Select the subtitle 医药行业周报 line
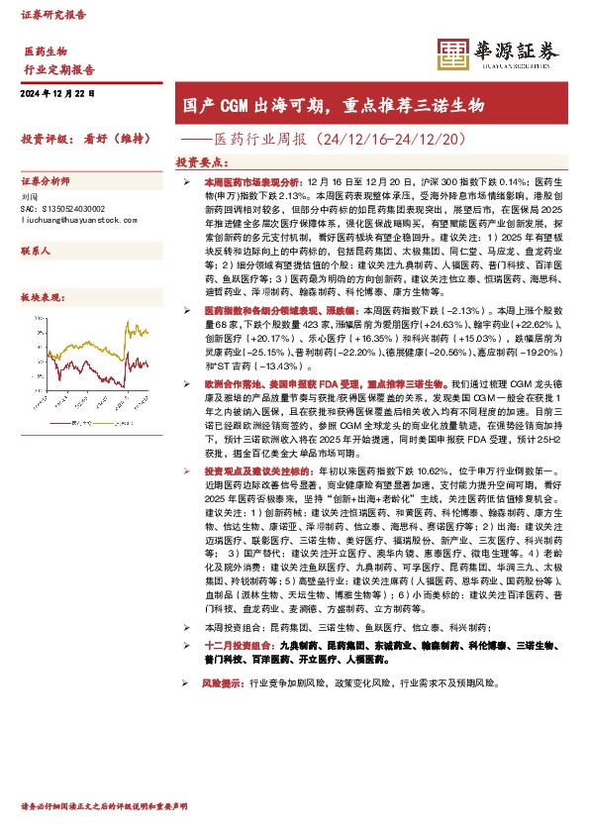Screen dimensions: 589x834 [339, 140]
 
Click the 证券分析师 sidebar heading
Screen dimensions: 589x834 [46, 182]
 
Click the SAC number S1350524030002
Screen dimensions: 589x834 [74, 209]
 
